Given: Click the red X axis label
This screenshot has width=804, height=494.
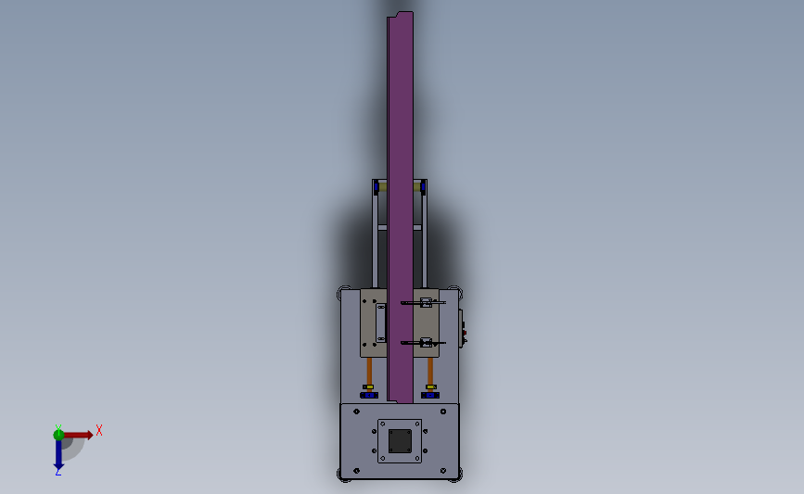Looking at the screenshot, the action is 99,430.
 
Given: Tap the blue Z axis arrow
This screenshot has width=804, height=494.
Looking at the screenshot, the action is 58,454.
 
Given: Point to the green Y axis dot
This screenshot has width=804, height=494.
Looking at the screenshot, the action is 58,435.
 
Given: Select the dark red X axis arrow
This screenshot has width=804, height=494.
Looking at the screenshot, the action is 78,435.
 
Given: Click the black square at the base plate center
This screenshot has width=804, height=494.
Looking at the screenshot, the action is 400,441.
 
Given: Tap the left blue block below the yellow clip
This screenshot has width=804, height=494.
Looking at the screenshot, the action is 369,395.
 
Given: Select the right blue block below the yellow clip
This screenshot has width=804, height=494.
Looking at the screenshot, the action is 430,395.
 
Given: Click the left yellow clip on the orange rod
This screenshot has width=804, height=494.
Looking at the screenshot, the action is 368,386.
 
